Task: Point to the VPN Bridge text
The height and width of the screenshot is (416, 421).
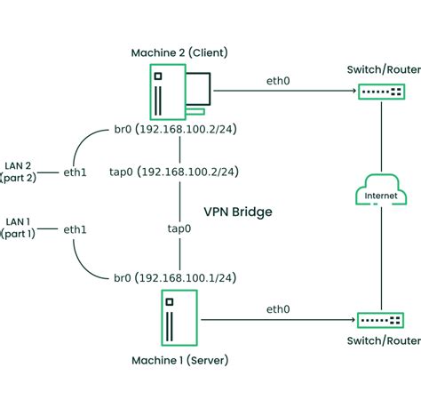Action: tap(237, 213)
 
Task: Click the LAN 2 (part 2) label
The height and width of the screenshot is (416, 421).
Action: tap(20, 164)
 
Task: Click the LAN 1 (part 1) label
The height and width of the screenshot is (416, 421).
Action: tap(20, 227)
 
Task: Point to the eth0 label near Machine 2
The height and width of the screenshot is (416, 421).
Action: tap(277, 81)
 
